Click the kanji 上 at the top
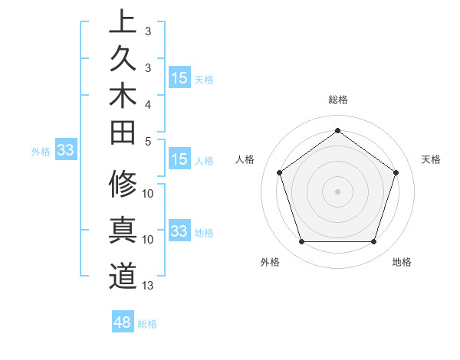(x=123, y=21)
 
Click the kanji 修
(x=123, y=184)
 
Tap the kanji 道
(x=123, y=276)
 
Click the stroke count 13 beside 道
(x=148, y=286)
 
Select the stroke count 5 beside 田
(x=148, y=141)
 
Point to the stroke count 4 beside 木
(x=148, y=104)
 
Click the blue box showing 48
(x=123, y=322)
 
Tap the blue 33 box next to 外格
(x=65, y=151)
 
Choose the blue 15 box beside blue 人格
(x=179, y=160)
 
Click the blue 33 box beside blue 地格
(x=179, y=231)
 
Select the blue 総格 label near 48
(x=147, y=324)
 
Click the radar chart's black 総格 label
(x=337, y=100)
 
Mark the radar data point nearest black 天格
(x=396, y=172)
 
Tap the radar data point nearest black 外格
(x=301, y=242)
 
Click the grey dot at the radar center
(x=337, y=191)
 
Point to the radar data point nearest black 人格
(x=279, y=172)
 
